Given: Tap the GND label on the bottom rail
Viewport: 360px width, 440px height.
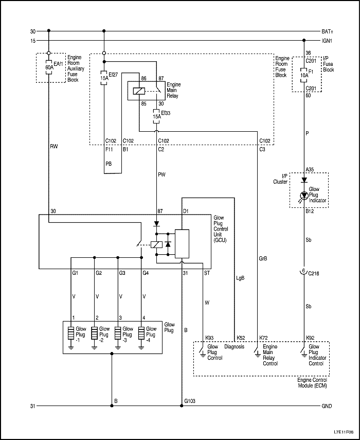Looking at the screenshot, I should click(327, 407).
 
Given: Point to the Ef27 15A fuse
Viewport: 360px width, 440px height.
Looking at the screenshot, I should click(104, 78).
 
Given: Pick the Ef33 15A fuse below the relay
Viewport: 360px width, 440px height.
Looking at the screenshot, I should click(156, 114).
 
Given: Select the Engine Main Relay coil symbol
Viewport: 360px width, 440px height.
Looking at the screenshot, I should click(138, 91).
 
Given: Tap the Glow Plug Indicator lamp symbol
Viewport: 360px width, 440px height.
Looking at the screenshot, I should click(304, 196).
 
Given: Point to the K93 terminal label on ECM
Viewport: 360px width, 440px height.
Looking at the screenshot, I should click(210, 338).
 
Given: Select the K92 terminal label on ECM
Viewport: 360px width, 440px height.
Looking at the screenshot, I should click(310, 338).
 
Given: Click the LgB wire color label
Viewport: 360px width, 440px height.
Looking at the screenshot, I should click(240, 278).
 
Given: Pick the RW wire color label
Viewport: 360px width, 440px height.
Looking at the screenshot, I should click(53, 146).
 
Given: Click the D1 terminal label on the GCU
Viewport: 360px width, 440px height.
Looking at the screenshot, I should click(186, 211).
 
